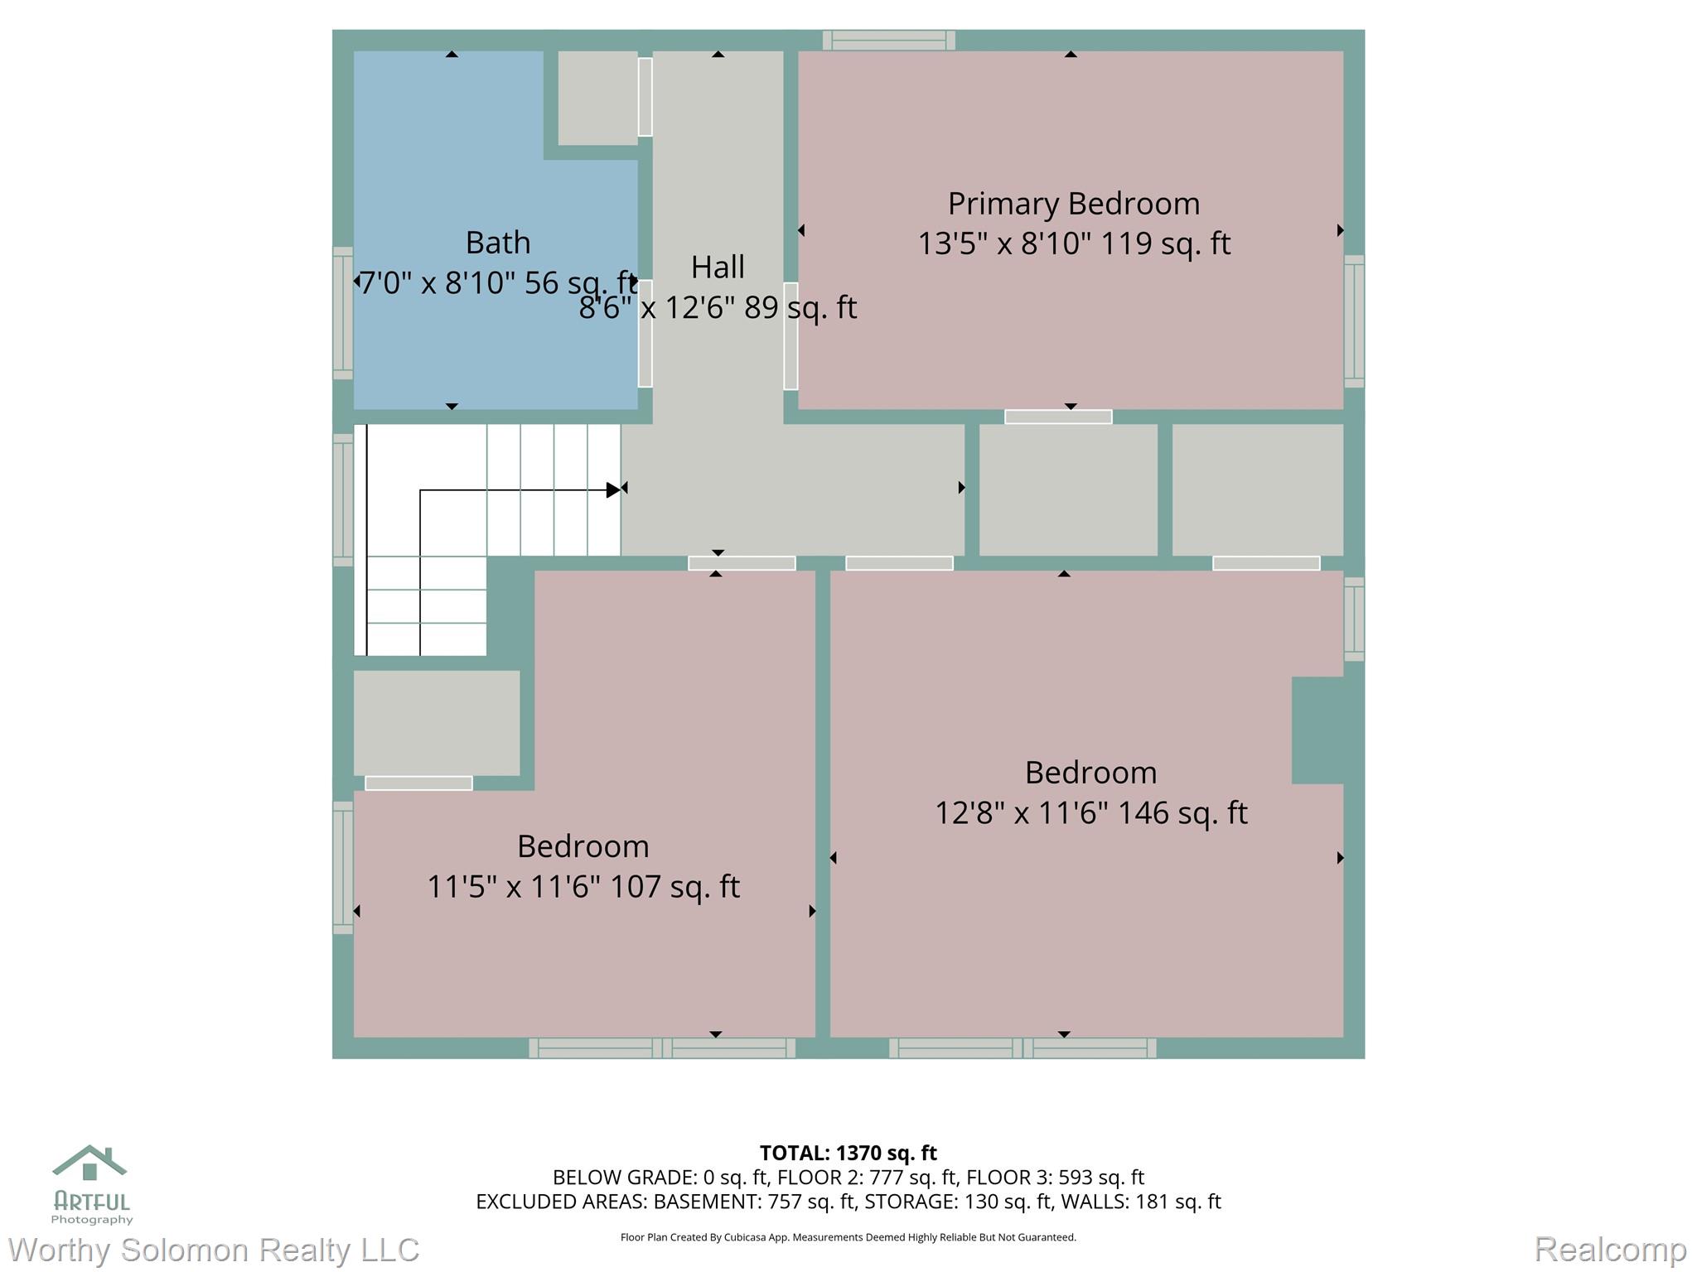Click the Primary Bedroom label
pos(1073,204)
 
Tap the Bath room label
pos(497,243)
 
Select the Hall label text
pos(718,267)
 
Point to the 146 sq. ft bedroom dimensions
pos(1090,812)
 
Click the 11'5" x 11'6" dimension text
pos(514,887)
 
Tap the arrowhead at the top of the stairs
pos(613,489)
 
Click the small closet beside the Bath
pos(597,98)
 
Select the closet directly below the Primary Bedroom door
pos(1068,489)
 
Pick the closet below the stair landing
pos(437,723)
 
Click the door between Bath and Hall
pos(645,334)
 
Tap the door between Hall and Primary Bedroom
pos(790,335)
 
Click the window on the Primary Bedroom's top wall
pos(888,40)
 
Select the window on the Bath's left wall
pos(342,313)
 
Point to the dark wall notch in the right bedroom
pos(1317,730)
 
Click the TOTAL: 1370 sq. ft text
pos(848,1153)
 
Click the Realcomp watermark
pos(1610,1250)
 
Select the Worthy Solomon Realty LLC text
pos(213,1250)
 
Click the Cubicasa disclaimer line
pos(848,1237)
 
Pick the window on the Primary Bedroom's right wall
pos(1354,321)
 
